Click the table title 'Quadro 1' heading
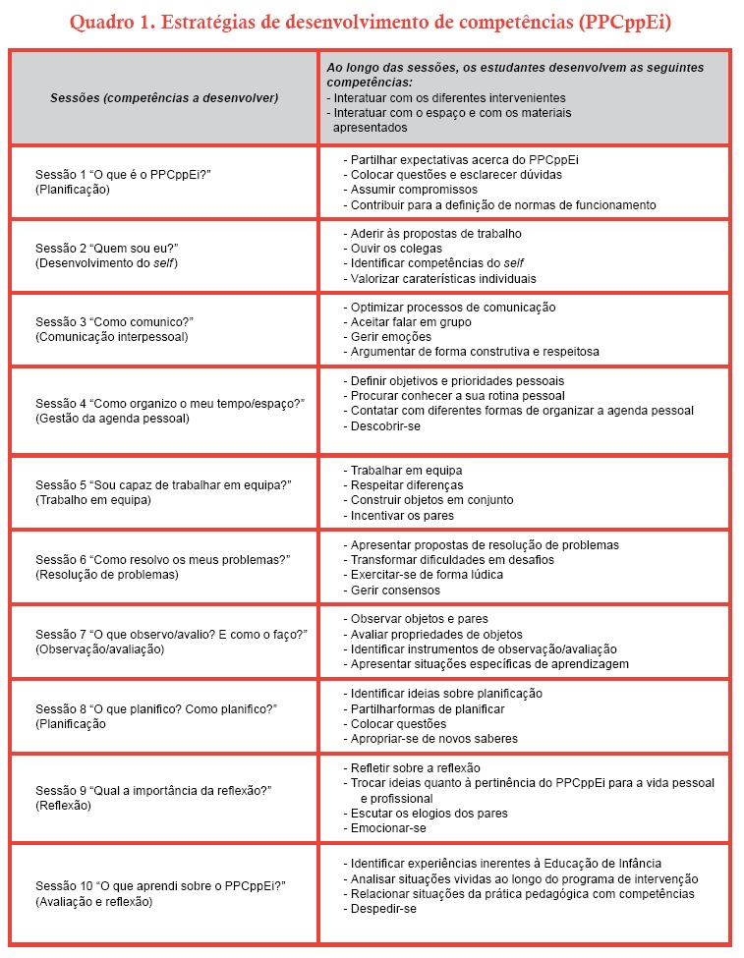pos(372,22)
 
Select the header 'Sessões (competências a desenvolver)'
pos(164,97)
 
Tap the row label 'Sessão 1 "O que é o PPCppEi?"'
pos(124,174)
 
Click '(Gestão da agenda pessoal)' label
pos(112,419)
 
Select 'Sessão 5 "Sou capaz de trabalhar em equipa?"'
pos(163,484)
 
